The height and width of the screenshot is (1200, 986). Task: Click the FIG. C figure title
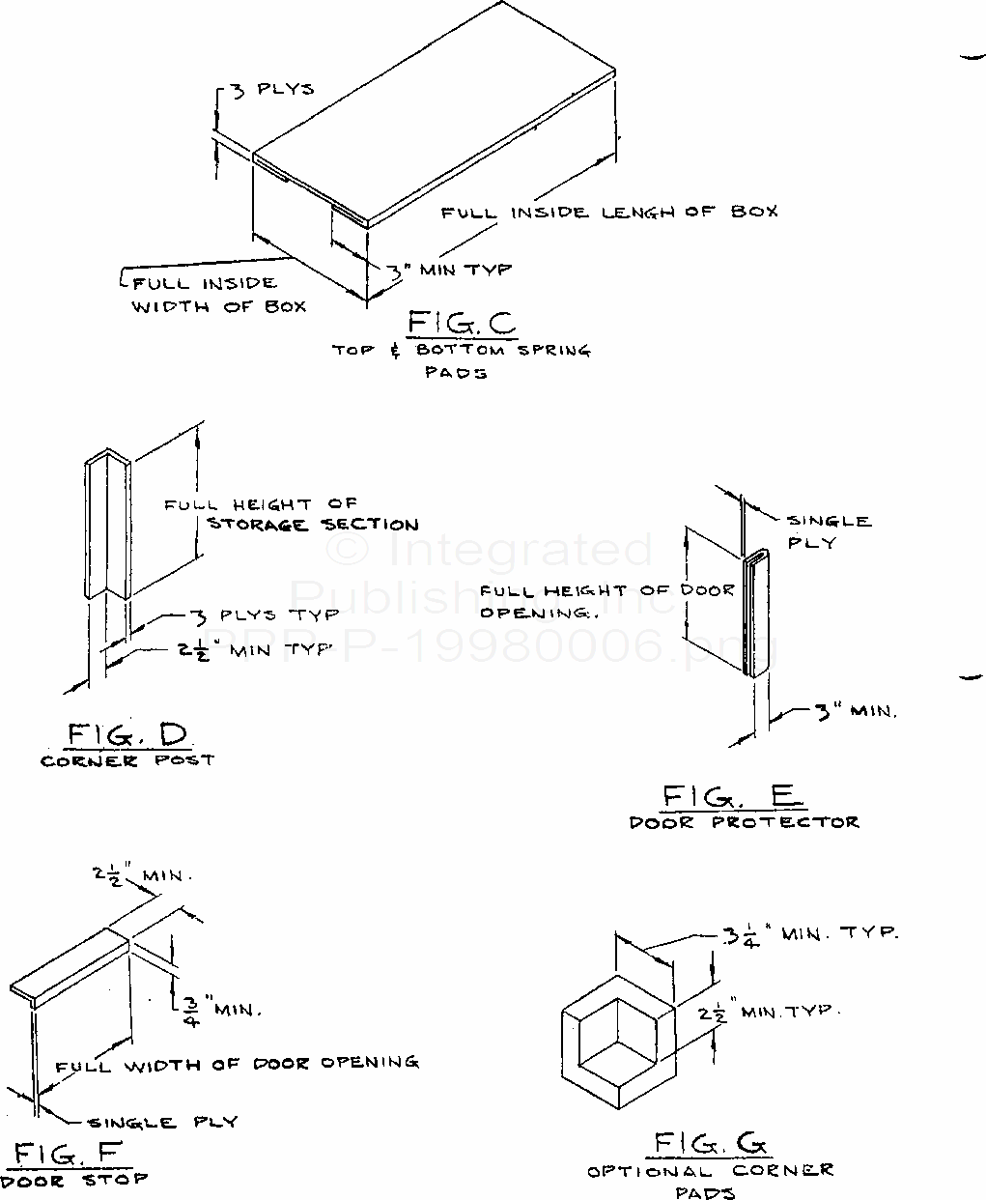tap(462, 322)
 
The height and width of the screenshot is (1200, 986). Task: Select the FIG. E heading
tap(731, 796)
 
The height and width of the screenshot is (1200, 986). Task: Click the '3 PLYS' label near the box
tap(271, 89)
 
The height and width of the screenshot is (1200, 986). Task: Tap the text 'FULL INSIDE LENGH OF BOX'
tap(608, 212)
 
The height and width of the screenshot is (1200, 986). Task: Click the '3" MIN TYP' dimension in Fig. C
tap(450, 270)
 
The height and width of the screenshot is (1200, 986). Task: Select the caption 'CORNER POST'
tap(127, 760)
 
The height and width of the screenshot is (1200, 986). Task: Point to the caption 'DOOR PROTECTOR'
tap(744, 822)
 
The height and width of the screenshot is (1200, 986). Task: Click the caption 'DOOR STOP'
tap(74, 1179)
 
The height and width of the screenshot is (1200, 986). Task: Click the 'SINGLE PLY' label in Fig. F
tap(162, 1122)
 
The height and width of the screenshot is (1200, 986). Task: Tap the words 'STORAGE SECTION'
tap(313, 525)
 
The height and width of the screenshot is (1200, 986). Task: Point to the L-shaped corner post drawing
tap(106, 527)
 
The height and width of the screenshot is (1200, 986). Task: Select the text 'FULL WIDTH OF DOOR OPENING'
tap(237, 1064)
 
